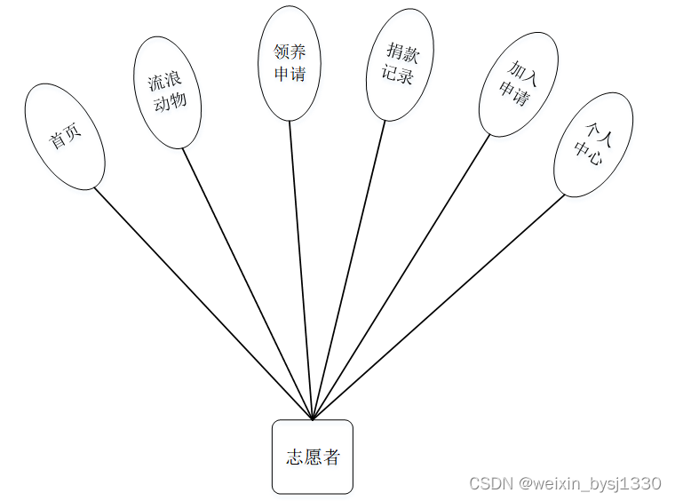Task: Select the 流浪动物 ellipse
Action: (x=167, y=92)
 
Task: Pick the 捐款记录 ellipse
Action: (x=400, y=64)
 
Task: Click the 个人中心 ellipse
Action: (x=593, y=144)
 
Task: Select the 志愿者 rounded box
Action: (x=313, y=457)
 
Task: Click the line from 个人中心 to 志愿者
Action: (x=439, y=306)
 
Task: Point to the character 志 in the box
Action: (x=294, y=457)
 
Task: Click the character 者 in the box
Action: (x=331, y=457)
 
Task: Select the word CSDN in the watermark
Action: (x=491, y=484)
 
